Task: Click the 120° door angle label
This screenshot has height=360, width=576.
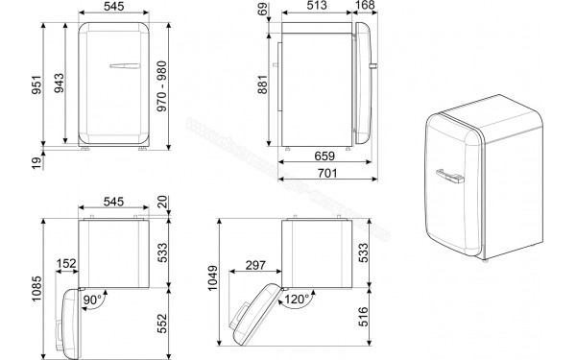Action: pyautogui.click(x=294, y=300)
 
